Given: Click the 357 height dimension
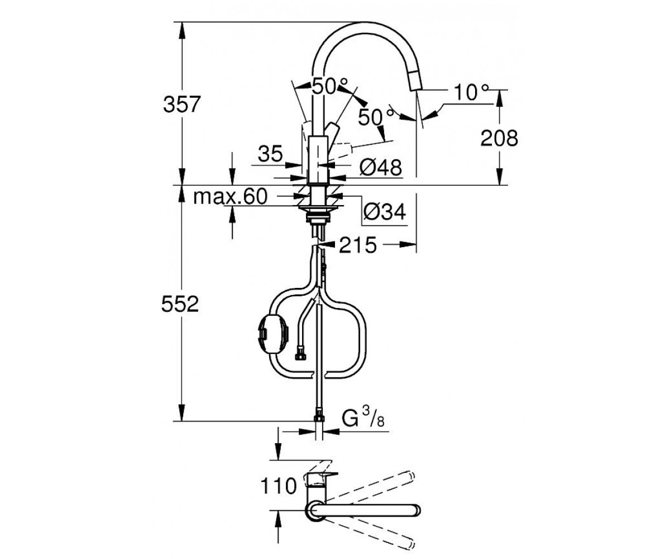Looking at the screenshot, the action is click(181, 104).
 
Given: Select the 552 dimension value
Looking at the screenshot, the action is click(180, 304).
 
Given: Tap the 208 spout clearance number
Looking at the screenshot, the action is click(499, 139).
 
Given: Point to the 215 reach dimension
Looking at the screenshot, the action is click(357, 245).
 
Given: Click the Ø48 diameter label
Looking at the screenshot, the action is click(381, 167).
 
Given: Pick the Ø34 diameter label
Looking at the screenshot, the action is click(385, 212).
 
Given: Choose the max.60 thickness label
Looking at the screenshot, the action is click(230, 196).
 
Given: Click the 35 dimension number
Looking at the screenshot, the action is click(270, 154).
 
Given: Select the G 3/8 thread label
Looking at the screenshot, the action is click(363, 416).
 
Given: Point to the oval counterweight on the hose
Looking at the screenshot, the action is click(273, 334).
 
